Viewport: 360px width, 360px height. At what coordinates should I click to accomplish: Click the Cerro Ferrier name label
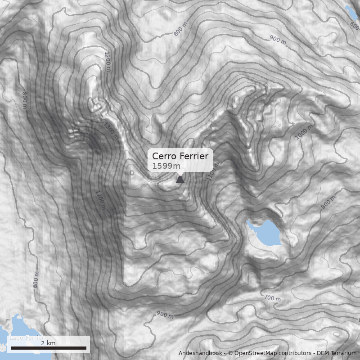180,156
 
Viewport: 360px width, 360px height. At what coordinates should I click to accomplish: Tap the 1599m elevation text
166,166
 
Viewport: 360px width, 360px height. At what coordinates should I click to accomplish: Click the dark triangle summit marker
180,180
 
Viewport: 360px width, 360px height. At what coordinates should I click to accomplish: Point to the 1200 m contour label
108,61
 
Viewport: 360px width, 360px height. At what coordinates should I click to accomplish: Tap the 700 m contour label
272,297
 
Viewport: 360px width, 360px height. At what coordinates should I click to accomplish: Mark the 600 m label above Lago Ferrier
36,279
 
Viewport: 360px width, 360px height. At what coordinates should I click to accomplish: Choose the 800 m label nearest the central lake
328,203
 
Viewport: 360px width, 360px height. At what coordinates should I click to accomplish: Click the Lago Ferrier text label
27,338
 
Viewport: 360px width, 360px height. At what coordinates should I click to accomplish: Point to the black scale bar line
48,348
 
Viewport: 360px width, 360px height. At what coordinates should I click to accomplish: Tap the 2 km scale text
48,343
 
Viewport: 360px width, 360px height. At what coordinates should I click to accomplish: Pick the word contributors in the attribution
295,353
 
